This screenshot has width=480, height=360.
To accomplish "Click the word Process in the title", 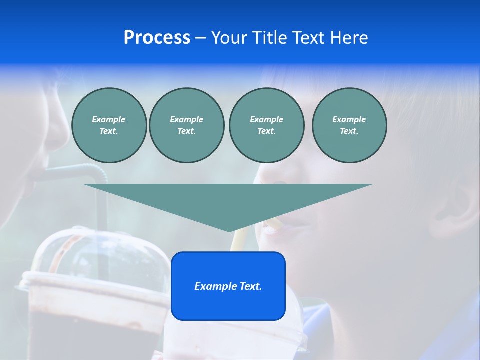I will point(157,37).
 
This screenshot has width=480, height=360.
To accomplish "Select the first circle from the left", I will point(109,125).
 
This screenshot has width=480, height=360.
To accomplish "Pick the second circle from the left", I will point(186,125).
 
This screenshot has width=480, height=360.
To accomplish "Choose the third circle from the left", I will point(266,125).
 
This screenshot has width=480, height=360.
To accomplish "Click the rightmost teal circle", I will point(349,125).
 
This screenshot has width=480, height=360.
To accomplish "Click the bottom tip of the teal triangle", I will point(229,230).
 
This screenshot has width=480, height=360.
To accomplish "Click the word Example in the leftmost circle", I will point(109,119).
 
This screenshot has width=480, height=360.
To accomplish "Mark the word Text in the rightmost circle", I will point(349,131).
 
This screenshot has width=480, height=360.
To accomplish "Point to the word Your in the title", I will point(230,38).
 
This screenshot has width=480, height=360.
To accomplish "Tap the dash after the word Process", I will point(200,38).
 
